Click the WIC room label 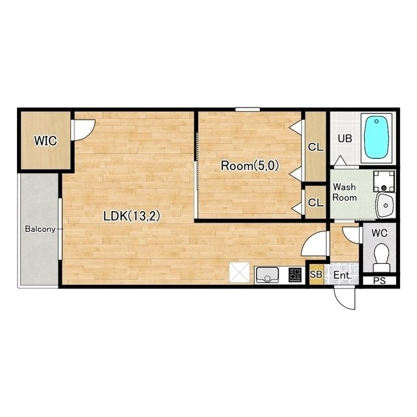coord(46,141)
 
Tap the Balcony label coord(40,229)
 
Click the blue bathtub coord(376,138)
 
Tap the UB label coord(345,139)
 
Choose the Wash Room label coord(345,192)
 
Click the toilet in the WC coord(381,257)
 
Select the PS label coord(379,281)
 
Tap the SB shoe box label coord(316,274)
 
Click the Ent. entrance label coord(343,275)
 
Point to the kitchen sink coord(266,275)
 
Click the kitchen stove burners coord(295,275)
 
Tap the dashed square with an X coord(240,272)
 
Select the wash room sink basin coord(385,205)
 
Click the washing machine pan coord(384,181)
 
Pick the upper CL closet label coord(315,147)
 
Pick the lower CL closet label coord(315,203)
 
